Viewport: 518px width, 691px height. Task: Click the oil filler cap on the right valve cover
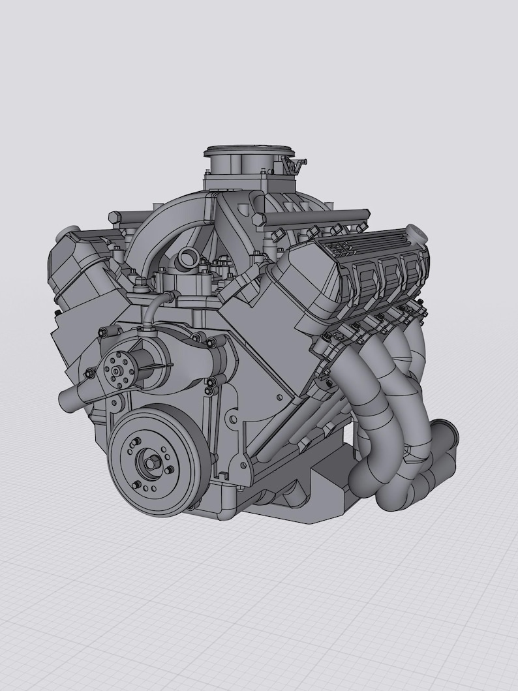tap(416, 232)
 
